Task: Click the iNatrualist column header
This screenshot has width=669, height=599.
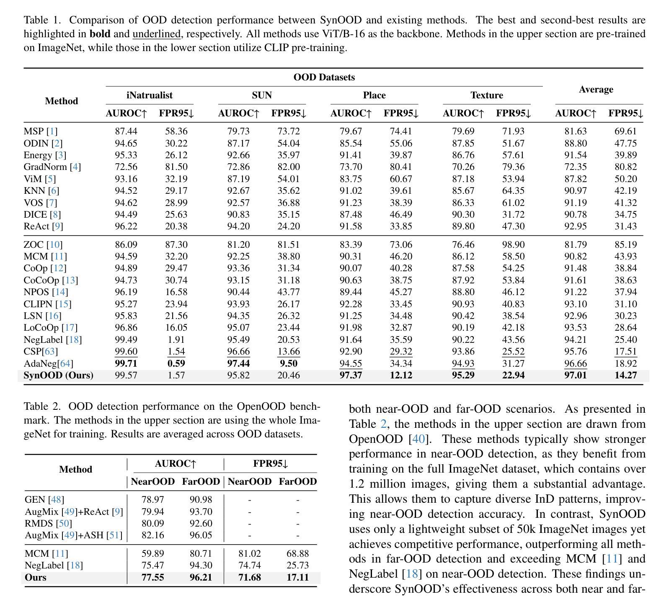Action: [150, 95]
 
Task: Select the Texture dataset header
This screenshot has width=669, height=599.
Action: [487, 95]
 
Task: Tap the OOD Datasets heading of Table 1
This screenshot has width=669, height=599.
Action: [324, 77]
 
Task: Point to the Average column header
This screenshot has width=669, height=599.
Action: [596, 90]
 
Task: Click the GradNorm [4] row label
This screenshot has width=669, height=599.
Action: [52, 167]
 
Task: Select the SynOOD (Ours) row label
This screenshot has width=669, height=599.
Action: [59, 375]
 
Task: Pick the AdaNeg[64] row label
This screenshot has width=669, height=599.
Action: [49, 364]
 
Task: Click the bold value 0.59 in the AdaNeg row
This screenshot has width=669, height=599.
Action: [176, 364]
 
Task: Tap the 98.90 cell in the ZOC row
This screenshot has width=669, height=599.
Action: [513, 244]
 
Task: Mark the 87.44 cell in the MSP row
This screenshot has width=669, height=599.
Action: [126, 131]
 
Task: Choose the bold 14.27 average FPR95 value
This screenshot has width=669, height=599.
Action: [626, 375]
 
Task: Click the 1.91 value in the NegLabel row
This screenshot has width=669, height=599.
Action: [176, 340]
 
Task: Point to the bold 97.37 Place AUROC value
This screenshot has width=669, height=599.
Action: [351, 375]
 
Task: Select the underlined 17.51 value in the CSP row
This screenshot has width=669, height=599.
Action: [626, 352]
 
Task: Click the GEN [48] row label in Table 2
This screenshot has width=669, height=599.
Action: [44, 500]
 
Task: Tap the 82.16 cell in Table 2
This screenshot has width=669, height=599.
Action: [153, 535]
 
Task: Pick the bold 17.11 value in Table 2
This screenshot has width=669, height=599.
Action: [298, 578]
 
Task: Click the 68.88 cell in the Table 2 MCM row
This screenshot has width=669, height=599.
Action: [298, 554]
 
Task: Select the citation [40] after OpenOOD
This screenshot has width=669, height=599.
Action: [419, 440]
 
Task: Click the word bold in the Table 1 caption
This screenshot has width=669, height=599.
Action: [99, 34]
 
